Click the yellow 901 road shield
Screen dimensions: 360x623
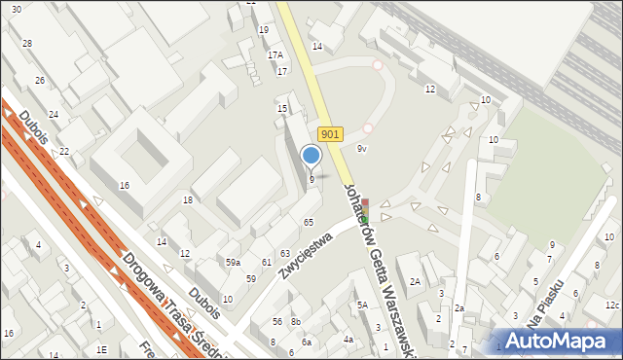(330, 136)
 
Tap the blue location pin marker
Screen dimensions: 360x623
(311, 156)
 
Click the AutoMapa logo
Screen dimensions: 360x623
(558, 340)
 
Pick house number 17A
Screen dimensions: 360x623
(275, 55)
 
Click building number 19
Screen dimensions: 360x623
(264, 30)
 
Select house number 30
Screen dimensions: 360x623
(17, 9)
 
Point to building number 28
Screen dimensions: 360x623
(27, 44)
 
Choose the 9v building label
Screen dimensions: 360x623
(361, 148)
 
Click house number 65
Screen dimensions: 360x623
(308, 223)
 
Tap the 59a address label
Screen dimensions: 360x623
(234, 263)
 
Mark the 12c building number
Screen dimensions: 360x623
(611, 306)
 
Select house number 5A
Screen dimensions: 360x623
(361, 306)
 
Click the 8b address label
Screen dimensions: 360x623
(296, 321)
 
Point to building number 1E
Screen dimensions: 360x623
(101, 348)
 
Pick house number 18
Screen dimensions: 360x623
(188, 199)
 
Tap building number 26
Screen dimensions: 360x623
(40, 80)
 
